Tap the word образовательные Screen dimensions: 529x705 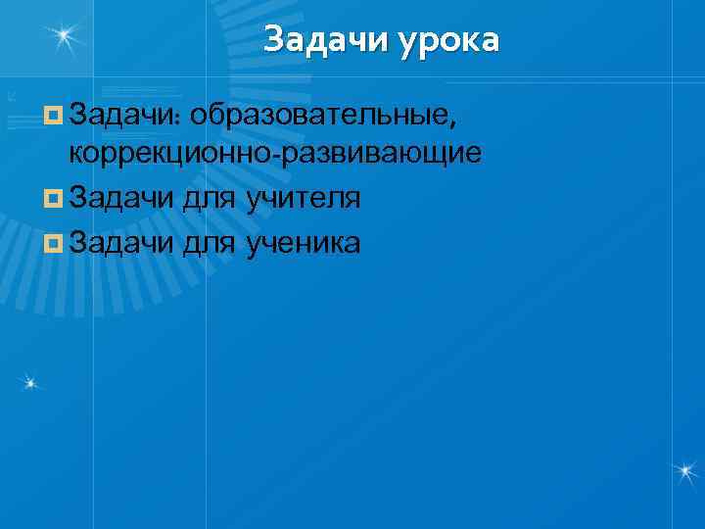tap(324, 118)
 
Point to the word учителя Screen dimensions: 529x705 tap(304, 199)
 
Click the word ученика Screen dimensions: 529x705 tap(304, 241)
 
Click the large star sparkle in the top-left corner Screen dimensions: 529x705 tap(66, 36)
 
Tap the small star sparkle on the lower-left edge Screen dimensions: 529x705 tap(31, 380)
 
